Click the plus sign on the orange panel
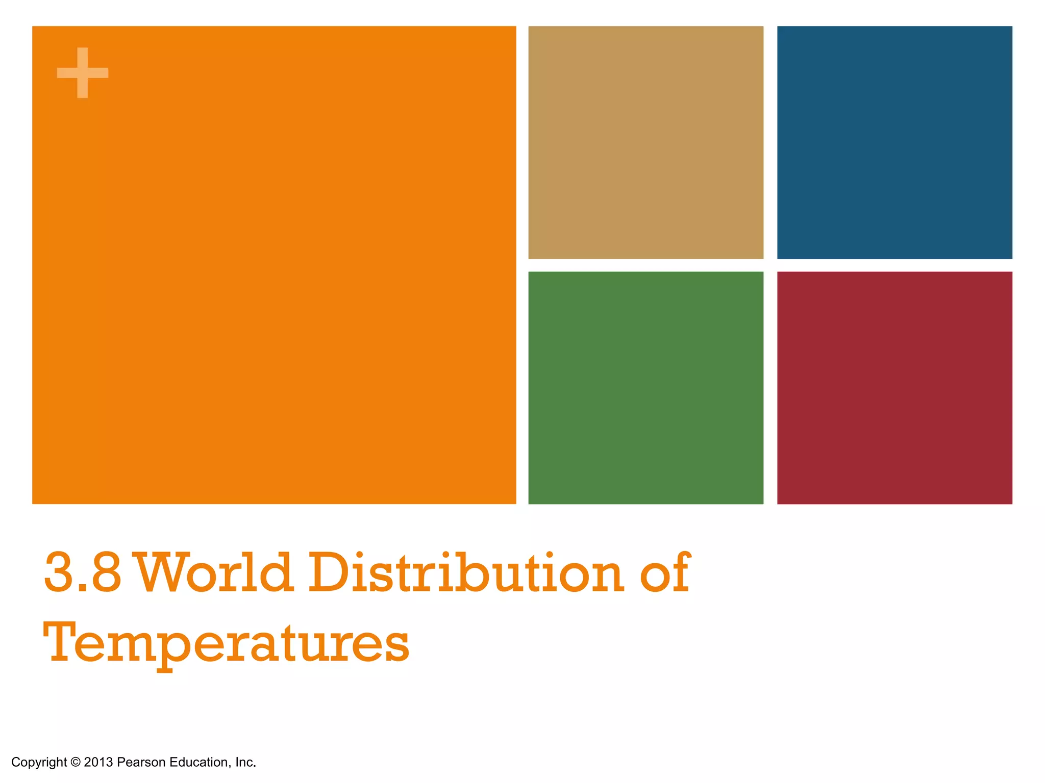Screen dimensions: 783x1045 (x=82, y=72)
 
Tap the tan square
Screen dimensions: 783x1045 (x=645, y=142)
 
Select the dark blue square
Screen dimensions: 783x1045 (x=894, y=142)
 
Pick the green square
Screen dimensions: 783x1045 (x=645, y=387)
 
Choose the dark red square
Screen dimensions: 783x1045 (x=894, y=387)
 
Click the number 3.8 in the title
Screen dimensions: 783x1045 (x=83, y=573)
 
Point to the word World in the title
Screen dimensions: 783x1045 (x=215, y=573)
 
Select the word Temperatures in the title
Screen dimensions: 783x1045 (x=226, y=643)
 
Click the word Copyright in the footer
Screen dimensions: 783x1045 (x=39, y=762)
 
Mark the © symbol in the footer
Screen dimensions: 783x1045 (x=76, y=762)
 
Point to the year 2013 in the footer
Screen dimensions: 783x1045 (x=98, y=762)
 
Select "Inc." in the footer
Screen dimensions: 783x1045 (x=245, y=762)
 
